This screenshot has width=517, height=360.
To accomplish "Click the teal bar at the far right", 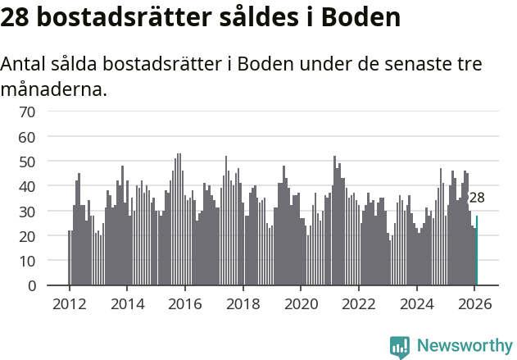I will pyautogui.click(x=477, y=251).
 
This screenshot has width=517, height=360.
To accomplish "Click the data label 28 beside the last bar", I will pyautogui.click(x=477, y=198).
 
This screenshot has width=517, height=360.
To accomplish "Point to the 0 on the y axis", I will pyautogui.click(x=31, y=286).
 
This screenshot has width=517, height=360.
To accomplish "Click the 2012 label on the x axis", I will pyautogui.click(x=69, y=303).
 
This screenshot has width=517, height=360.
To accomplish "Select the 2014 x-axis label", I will pyautogui.click(x=127, y=303).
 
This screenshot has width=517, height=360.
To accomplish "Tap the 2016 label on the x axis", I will pyautogui.click(x=185, y=303).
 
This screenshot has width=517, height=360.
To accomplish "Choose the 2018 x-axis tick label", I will pyautogui.click(x=243, y=303).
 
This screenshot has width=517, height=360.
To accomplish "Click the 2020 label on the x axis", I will pyautogui.click(x=301, y=303).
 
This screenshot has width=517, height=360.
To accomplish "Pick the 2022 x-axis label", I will pyautogui.click(x=359, y=303).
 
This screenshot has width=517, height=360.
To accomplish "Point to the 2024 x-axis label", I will pyautogui.click(x=417, y=303).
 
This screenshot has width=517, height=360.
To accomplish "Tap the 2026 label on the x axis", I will pyautogui.click(x=475, y=303).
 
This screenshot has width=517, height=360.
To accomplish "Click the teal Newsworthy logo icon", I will pyautogui.click(x=400, y=346).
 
